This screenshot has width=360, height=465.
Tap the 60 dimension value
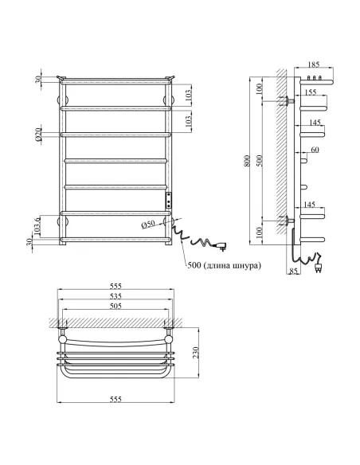click(x=315, y=150)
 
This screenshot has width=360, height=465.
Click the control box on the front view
click(x=168, y=199)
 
